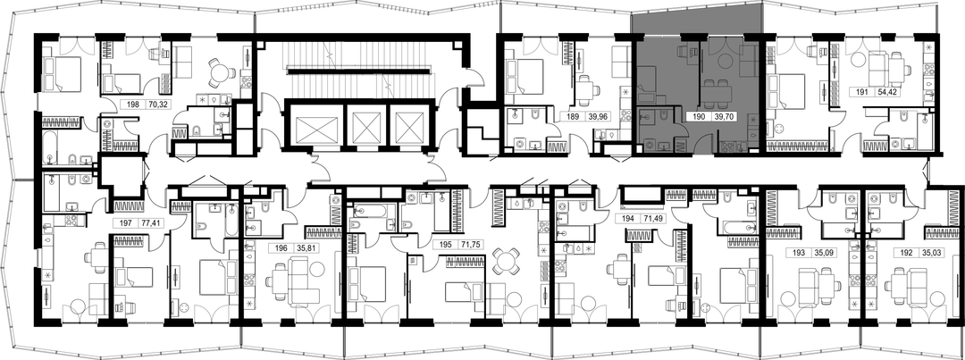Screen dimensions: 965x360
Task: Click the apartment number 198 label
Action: click(x=133, y=105)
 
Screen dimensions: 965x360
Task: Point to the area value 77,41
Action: click(x=151, y=223)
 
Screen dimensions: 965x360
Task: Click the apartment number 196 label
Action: click(x=281, y=249)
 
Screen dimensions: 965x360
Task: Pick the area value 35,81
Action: click(x=307, y=249)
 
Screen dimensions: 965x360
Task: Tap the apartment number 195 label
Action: click(x=448, y=244)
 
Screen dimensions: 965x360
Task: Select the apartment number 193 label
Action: click(x=797, y=252)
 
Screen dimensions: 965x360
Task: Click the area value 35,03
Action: click(x=928, y=252)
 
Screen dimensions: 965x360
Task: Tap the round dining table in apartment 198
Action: click(x=220, y=71)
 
